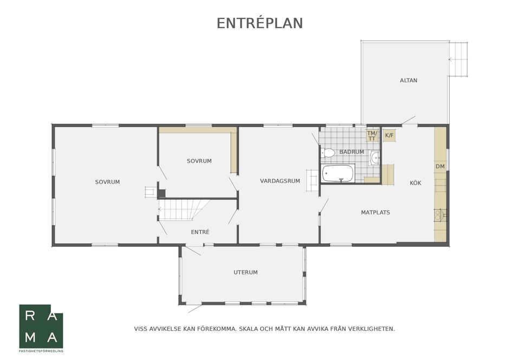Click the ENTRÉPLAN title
pyautogui.click(x=259, y=23)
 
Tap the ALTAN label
pyautogui.click(x=408, y=80)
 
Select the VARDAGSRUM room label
pyautogui.click(x=280, y=181)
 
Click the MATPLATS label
pyautogui.click(x=375, y=213)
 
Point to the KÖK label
pyautogui.click(x=415, y=182)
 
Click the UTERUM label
pyautogui.click(x=245, y=272)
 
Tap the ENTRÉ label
pyautogui.click(x=200, y=232)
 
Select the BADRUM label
pyautogui.click(x=352, y=152)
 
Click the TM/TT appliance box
pyautogui.click(x=372, y=135)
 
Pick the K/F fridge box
pyautogui.click(x=389, y=135)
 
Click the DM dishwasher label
pyautogui.click(x=440, y=166)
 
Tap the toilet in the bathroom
pyautogui.click(x=328, y=153)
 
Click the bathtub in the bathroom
pyautogui.click(x=337, y=173)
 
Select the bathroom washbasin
pyautogui.click(x=375, y=157)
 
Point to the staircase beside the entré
pyautogui.click(x=184, y=209)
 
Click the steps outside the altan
pyautogui.click(x=458, y=60)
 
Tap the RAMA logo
pyautogui.click(x=41, y=326)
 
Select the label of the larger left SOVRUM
pyautogui.click(x=107, y=182)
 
